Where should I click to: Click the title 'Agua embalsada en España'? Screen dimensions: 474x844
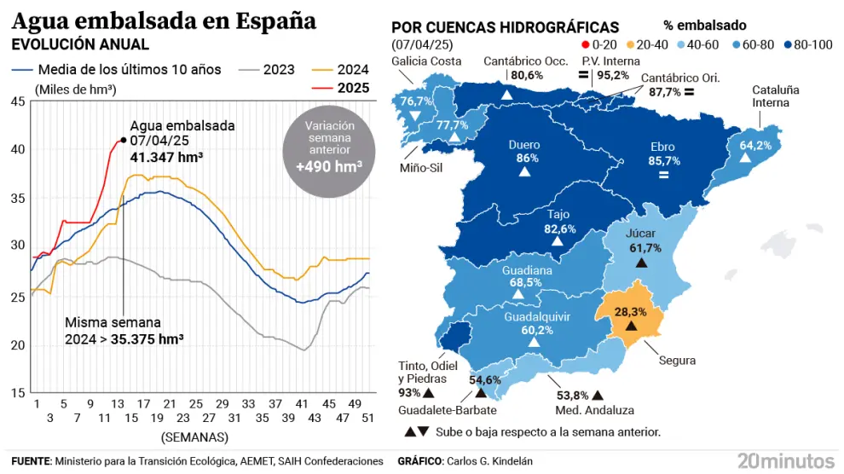(164, 20)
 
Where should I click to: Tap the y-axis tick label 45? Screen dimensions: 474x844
(18, 102)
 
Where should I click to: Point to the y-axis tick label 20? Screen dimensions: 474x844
(18, 344)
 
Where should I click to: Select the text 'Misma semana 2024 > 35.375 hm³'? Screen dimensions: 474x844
(125, 331)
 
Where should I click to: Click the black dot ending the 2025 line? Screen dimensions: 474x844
(124, 140)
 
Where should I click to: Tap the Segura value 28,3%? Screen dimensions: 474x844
(630, 312)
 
